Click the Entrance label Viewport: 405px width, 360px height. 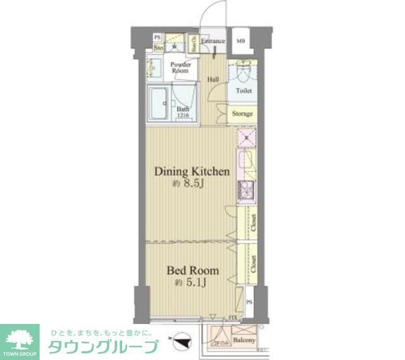coord(213,42)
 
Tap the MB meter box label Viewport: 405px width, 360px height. coord(240,42)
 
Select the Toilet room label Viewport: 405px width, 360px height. coord(243,91)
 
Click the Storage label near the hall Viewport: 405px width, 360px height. coord(242,114)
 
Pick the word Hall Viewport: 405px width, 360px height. coord(213,80)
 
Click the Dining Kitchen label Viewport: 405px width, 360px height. coord(188,171)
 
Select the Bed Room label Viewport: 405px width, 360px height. coord(192,271)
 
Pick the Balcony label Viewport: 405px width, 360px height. coord(244,340)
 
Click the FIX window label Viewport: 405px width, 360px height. coord(232,316)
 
